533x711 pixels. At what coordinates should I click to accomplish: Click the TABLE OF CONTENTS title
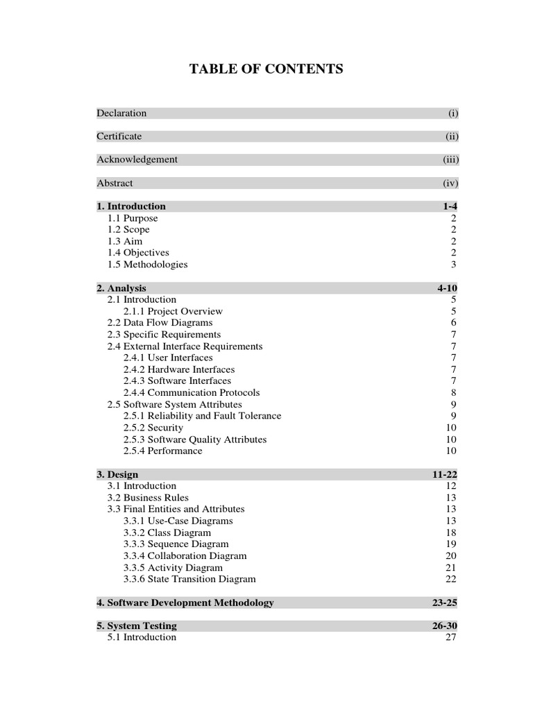point(266,69)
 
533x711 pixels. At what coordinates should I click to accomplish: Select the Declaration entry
point(121,113)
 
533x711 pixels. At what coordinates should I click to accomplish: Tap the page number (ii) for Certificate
point(452,137)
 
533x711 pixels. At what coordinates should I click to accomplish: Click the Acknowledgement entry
point(137,160)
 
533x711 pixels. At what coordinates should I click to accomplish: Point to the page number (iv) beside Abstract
point(451,183)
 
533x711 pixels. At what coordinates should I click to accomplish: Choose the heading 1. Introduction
point(131,206)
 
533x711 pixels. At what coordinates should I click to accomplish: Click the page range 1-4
point(450,206)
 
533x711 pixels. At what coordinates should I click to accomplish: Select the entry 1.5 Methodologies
point(147,265)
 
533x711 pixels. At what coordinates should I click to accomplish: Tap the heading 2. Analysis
point(121,288)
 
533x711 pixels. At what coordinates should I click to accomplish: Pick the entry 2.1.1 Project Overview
point(173,311)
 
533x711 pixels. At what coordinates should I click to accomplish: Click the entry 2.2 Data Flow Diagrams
point(160,323)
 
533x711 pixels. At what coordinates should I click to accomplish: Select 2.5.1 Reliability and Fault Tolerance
point(202,416)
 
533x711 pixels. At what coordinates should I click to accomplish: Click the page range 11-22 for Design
point(444,474)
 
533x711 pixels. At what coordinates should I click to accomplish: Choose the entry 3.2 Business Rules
point(147,498)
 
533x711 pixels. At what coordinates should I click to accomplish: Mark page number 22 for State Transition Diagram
point(451,579)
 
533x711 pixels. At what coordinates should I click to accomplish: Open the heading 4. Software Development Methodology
point(185,603)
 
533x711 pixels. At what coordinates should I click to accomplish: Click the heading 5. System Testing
point(137,626)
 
